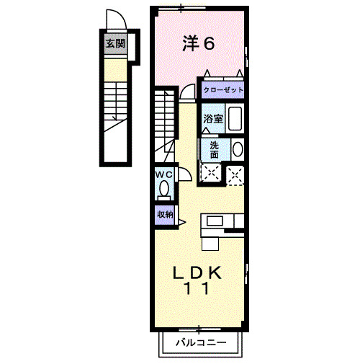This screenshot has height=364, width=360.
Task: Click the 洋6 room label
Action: pyautogui.click(x=199, y=44)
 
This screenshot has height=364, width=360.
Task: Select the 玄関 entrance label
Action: pyautogui.click(x=114, y=43)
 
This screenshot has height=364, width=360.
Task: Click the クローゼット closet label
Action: pyautogui.click(x=222, y=91)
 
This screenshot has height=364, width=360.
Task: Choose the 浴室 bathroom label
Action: pyautogui.click(x=212, y=118)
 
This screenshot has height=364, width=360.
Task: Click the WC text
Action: pyautogui.click(x=163, y=174)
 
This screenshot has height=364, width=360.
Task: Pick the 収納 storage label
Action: pyautogui.click(x=165, y=213)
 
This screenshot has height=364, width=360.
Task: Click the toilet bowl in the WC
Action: pyautogui.click(x=165, y=190)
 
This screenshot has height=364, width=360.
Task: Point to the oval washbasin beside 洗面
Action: pyautogui.click(x=237, y=149)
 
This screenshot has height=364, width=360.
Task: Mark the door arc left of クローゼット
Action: pyautogui.click(x=187, y=92)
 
